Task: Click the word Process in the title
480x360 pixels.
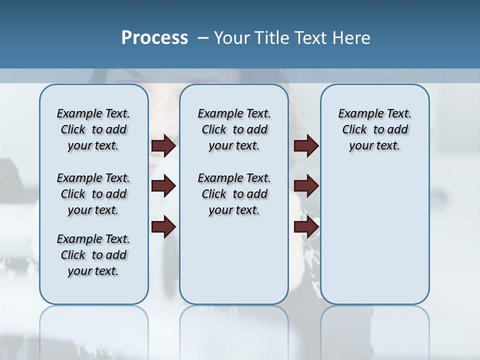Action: click(x=154, y=38)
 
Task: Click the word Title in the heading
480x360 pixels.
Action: click(x=272, y=38)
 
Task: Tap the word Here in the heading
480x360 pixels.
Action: click(x=350, y=38)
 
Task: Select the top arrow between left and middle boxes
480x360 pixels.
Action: click(x=163, y=145)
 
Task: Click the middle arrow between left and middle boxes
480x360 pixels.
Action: click(x=163, y=186)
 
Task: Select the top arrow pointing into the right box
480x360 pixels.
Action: click(x=306, y=145)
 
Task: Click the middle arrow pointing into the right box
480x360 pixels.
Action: click(x=306, y=186)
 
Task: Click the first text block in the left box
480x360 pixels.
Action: click(x=93, y=129)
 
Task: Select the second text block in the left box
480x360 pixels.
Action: click(x=93, y=194)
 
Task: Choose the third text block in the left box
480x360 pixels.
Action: click(x=93, y=255)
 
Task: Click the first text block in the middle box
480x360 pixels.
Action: click(x=234, y=129)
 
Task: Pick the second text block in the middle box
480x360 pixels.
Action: click(x=234, y=194)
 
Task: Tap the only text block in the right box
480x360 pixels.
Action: click(x=374, y=129)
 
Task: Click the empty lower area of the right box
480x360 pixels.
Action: click(x=374, y=240)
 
